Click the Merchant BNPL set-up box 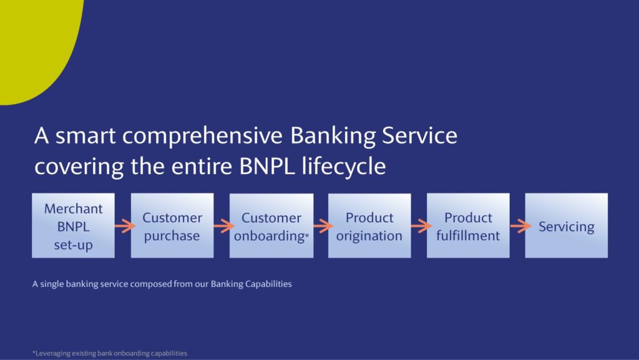tap(74, 226)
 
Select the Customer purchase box tap(172, 226)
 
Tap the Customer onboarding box tap(271, 226)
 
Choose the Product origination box tap(369, 226)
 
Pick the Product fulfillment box tap(468, 226)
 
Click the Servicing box tap(567, 226)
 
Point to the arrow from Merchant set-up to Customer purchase tap(125, 226)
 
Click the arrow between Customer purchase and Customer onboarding tap(224, 226)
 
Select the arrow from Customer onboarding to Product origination tap(323, 226)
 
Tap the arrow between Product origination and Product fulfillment tap(421, 226)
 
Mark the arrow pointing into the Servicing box tap(520, 226)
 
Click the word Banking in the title tap(333, 137)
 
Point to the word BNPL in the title tap(267, 166)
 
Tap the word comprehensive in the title tap(202, 137)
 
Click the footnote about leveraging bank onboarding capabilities tap(110, 353)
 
